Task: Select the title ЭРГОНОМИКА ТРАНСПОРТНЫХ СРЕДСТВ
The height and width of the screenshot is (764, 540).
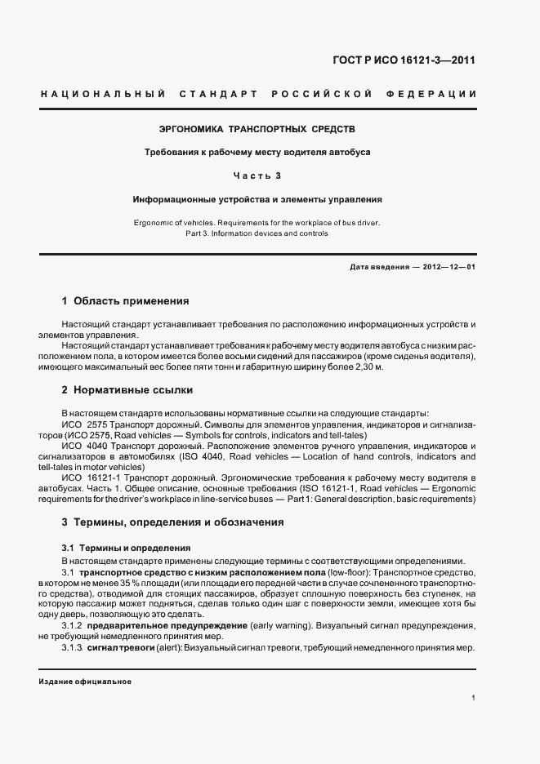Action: (x=257, y=129)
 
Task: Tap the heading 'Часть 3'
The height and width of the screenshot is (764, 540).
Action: (x=257, y=175)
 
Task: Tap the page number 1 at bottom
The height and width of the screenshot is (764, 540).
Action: (x=474, y=697)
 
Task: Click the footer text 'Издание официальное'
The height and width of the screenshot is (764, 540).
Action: (x=85, y=682)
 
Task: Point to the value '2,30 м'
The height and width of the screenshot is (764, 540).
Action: (x=368, y=367)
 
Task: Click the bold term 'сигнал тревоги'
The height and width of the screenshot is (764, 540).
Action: (x=119, y=647)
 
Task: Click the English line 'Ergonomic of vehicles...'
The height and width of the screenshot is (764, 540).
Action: (x=257, y=222)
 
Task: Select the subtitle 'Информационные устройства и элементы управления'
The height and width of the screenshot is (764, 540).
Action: (x=257, y=199)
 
